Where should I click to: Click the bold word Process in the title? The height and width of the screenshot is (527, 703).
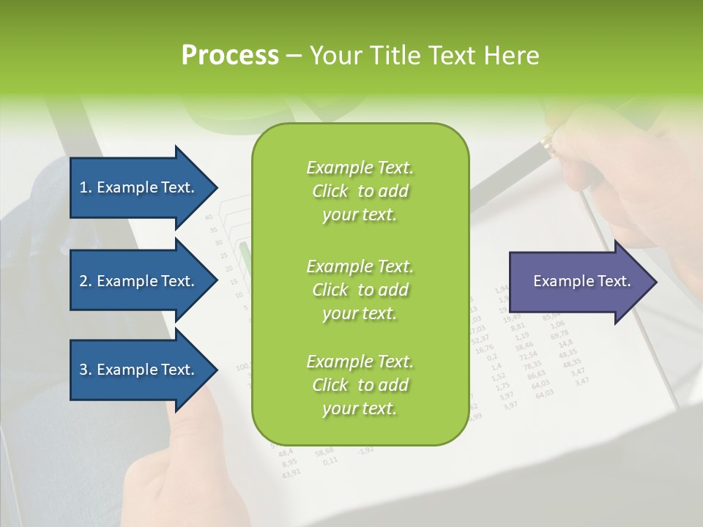tap(230, 56)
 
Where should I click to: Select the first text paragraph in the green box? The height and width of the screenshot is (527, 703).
tap(360, 191)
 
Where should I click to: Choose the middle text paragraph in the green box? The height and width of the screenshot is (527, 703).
tap(360, 289)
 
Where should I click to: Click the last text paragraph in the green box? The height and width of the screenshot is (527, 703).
tap(360, 385)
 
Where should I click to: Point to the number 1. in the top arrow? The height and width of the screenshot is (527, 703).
tap(86, 187)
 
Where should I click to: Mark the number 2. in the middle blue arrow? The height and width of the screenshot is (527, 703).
tap(86, 281)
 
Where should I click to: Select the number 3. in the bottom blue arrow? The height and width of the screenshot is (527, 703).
tap(86, 370)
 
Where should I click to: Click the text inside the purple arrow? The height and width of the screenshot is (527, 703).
tap(581, 281)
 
